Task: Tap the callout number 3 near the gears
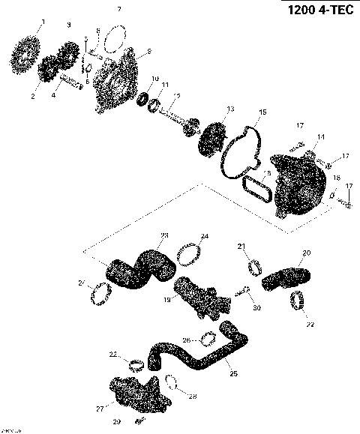click(68, 25)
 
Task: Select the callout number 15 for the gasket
click(262, 112)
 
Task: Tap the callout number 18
click(337, 178)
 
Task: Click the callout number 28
click(193, 395)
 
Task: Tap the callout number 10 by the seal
click(155, 79)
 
